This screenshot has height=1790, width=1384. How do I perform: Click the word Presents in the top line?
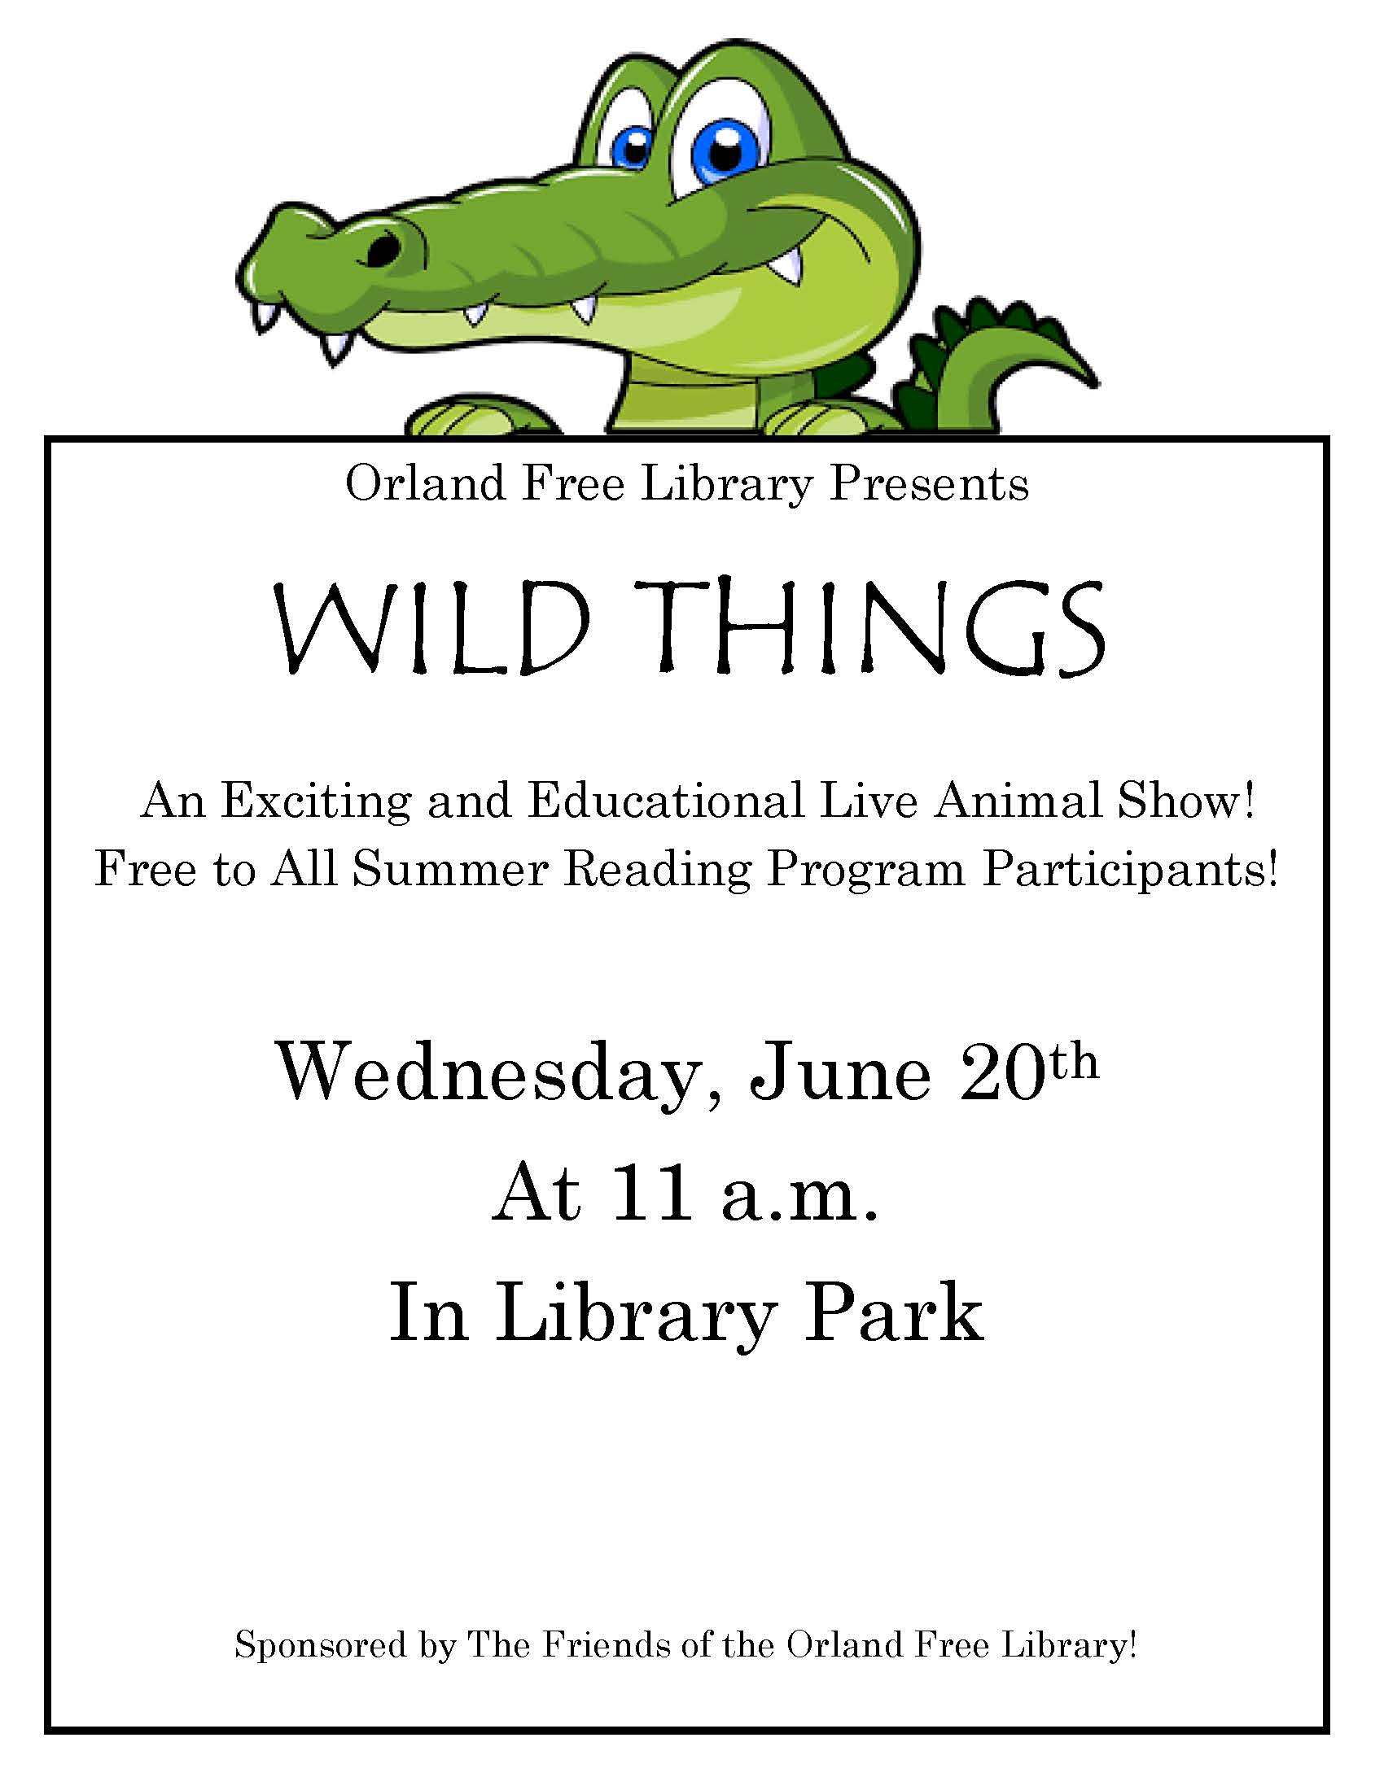pyautogui.click(x=929, y=483)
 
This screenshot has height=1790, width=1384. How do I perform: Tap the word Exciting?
pyautogui.click(x=316, y=802)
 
